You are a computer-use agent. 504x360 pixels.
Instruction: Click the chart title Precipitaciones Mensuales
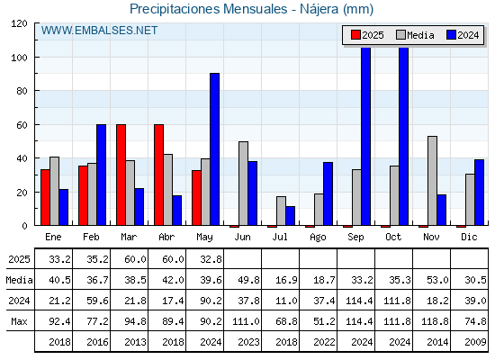coord(208,9)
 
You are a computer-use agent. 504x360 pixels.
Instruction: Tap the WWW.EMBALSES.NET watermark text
coord(99,31)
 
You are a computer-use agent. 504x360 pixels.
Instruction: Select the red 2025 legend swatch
coord(355,35)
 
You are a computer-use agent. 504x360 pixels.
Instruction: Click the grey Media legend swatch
coord(400,35)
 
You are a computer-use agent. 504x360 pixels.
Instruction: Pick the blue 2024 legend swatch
coord(451,35)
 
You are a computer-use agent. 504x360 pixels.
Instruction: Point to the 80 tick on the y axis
coord(22,91)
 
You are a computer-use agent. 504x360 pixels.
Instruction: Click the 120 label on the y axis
coord(19,23)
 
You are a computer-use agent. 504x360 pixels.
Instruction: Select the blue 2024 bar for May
coord(215,149)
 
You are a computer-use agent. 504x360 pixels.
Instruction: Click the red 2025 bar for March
coord(121,175)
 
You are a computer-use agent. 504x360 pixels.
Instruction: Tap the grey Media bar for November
coord(432,181)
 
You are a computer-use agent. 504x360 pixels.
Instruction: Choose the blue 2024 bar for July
coord(290,216)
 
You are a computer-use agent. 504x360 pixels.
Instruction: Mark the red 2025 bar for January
coord(45,197)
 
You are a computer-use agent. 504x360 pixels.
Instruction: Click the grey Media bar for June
coord(243,184)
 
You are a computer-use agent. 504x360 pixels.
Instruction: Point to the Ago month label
coord(318,238)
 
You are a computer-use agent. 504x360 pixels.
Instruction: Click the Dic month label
coord(469,237)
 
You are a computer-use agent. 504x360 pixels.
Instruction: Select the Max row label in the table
coord(19,321)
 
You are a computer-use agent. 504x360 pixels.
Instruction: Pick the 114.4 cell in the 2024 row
coord(359,301)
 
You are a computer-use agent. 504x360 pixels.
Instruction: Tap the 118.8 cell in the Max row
coord(435,321)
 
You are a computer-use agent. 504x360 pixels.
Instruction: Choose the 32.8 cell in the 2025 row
coord(211,259)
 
